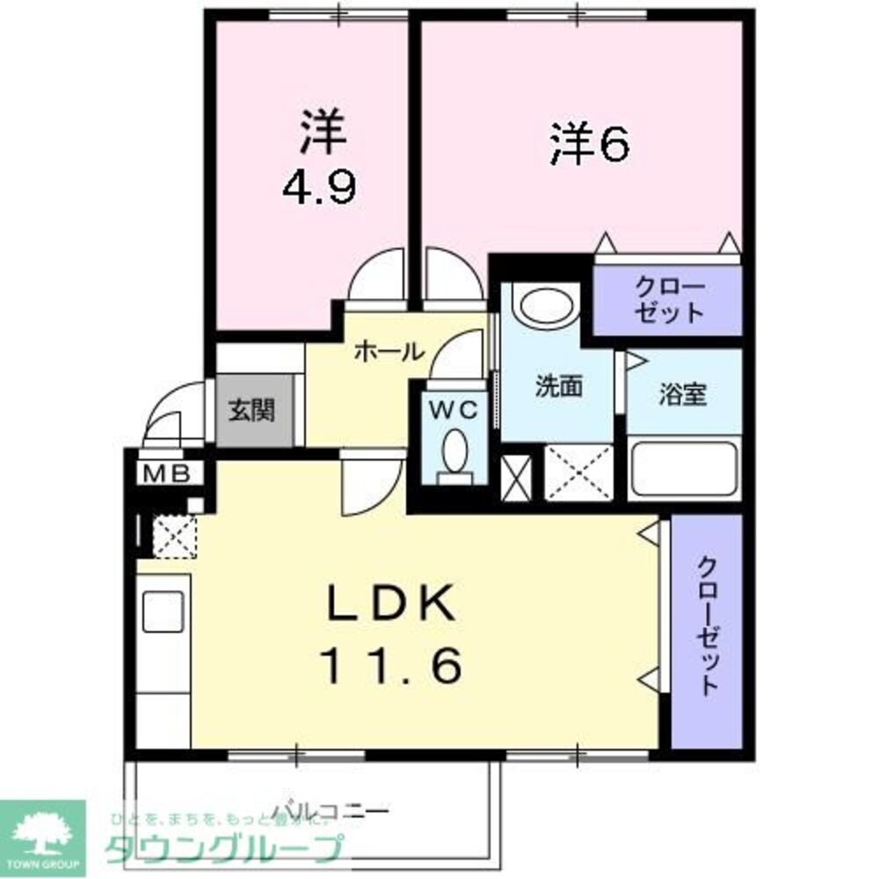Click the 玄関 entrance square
[254, 410]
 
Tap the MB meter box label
[166, 474]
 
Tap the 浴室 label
[683, 396]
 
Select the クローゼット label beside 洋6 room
[671, 301]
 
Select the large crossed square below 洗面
[578, 472]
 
